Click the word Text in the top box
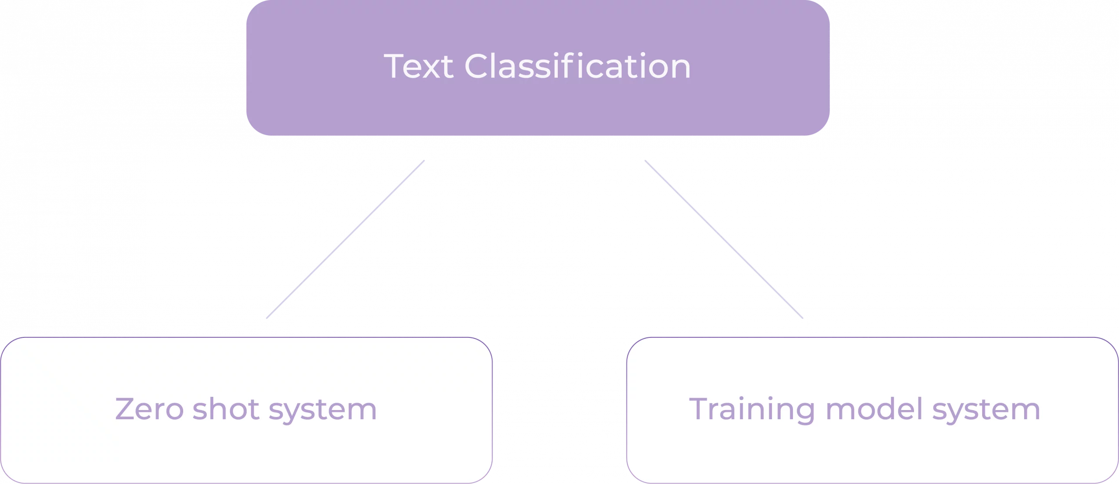[419, 67]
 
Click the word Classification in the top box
[577, 67]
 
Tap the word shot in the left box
[226, 410]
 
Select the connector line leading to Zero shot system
[346, 239]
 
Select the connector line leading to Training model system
[723, 239]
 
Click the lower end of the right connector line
[802, 318]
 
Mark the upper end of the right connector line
[645, 160]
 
